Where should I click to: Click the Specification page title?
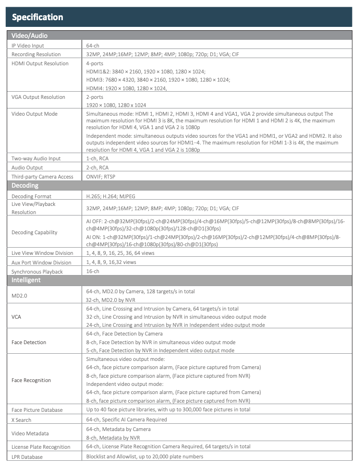pyautogui.click(x=37, y=17)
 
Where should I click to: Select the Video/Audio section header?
pyautogui.click(x=29, y=36)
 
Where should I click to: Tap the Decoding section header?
pyautogui.click(x=25, y=186)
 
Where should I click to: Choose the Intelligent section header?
pyautogui.click(x=26, y=280)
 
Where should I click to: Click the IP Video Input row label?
pyautogui.click(x=28, y=45)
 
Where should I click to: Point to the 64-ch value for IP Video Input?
pyautogui.click(x=93, y=45)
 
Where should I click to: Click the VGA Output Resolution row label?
pyautogui.click(x=38, y=97)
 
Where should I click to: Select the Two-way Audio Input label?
pyautogui.click(x=36, y=158)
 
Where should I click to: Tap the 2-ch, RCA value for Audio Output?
pyautogui.click(x=97, y=168)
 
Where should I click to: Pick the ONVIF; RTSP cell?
pyautogui.click(x=101, y=177)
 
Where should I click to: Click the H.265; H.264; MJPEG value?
pyautogui.click(x=109, y=196)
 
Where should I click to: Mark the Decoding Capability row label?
pyautogui.click(x=34, y=232)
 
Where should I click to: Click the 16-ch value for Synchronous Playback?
pyautogui.click(x=93, y=272)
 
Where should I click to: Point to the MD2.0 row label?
pyautogui.click(x=19, y=296)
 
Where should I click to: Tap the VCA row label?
pyautogui.click(x=16, y=317)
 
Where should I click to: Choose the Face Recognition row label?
pyautogui.click(x=31, y=380)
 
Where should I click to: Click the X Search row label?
pyautogui.click(x=22, y=420)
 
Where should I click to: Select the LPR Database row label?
pyautogui.click(x=27, y=457)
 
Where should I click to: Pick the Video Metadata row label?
pyautogui.click(x=30, y=433)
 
